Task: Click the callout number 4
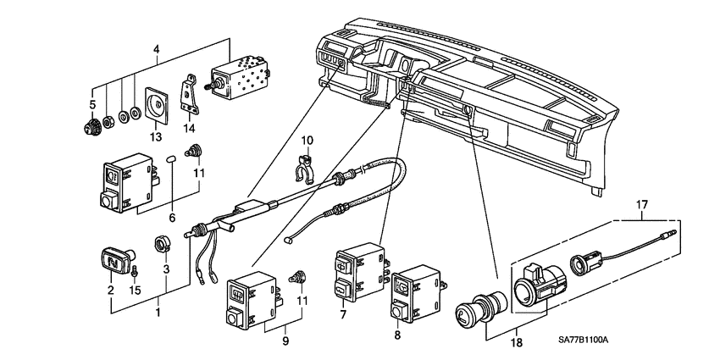pyautogui.click(x=155, y=49)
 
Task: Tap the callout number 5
pyautogui.click(x=93, y=104)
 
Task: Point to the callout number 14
pyautogui.click(x=191, y=129)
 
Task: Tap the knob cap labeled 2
pyautogui.click(x=112, y=258)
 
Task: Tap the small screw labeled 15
pyautogui.click(x=136, y=272)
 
